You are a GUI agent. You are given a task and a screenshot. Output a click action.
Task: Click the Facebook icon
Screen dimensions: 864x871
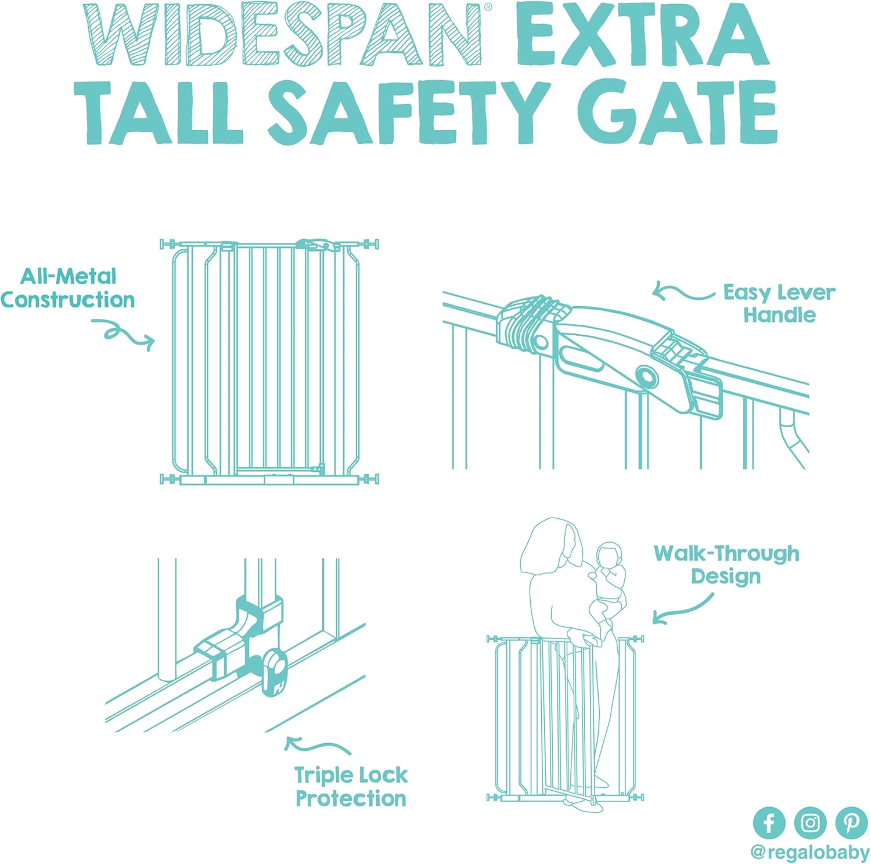[769, 823]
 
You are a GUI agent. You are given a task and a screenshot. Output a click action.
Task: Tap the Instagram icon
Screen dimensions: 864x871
[810, 823]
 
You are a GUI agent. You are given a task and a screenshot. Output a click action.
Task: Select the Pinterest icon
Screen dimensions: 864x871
[851, 823]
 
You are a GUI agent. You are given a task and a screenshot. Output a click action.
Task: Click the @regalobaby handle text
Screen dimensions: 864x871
[809, 852]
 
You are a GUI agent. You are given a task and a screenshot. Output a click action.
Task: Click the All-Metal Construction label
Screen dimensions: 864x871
[68, 288]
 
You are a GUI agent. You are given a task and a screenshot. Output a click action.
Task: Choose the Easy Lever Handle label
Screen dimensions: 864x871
[779, 303]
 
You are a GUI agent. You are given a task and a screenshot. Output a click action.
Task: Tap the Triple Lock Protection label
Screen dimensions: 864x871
[351, 787]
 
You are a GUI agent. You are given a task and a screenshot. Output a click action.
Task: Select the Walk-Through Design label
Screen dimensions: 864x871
[726, 565]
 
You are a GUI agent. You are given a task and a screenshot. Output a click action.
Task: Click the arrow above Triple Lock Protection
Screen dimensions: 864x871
[316, 745]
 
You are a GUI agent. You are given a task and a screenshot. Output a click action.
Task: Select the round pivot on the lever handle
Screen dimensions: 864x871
[646, 377]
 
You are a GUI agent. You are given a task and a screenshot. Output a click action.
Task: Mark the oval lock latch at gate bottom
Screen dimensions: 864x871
[273, 672]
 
